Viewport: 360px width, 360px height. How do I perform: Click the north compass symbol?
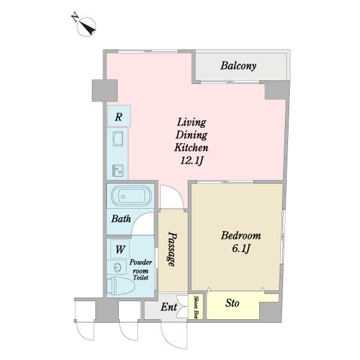coord(86,27)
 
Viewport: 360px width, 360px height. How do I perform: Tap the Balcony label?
coord(238,66)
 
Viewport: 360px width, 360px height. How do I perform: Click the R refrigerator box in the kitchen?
coord(119,116)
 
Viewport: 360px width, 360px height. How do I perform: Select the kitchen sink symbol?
coord(118,139)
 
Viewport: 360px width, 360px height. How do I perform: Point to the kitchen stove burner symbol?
coord(118,170)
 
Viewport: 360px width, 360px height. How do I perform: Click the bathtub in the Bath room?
coord(131,196)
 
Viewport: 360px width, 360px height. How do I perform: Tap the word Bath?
coord(121,218)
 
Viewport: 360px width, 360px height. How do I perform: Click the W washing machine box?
coord(120,249)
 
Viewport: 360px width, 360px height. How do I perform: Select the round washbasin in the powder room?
coord(118,268)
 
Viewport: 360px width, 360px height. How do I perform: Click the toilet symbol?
coord(121,286)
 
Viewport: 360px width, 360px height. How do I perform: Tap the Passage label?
coord(172,249)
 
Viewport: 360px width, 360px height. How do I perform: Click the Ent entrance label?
coord(169,307)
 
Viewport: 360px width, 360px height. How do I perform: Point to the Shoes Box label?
coord(196,307)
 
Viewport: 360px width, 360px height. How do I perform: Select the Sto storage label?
coord(232,303)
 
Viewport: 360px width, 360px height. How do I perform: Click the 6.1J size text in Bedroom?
coord(241,248)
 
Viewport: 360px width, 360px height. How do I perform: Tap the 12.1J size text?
coord(191,160)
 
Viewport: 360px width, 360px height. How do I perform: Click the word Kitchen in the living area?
coord(191,147)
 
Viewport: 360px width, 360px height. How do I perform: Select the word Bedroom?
coord(241,236)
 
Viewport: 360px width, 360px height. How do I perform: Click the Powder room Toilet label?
coord(140,270)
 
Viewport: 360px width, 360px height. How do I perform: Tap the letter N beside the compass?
coord(75,17)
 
